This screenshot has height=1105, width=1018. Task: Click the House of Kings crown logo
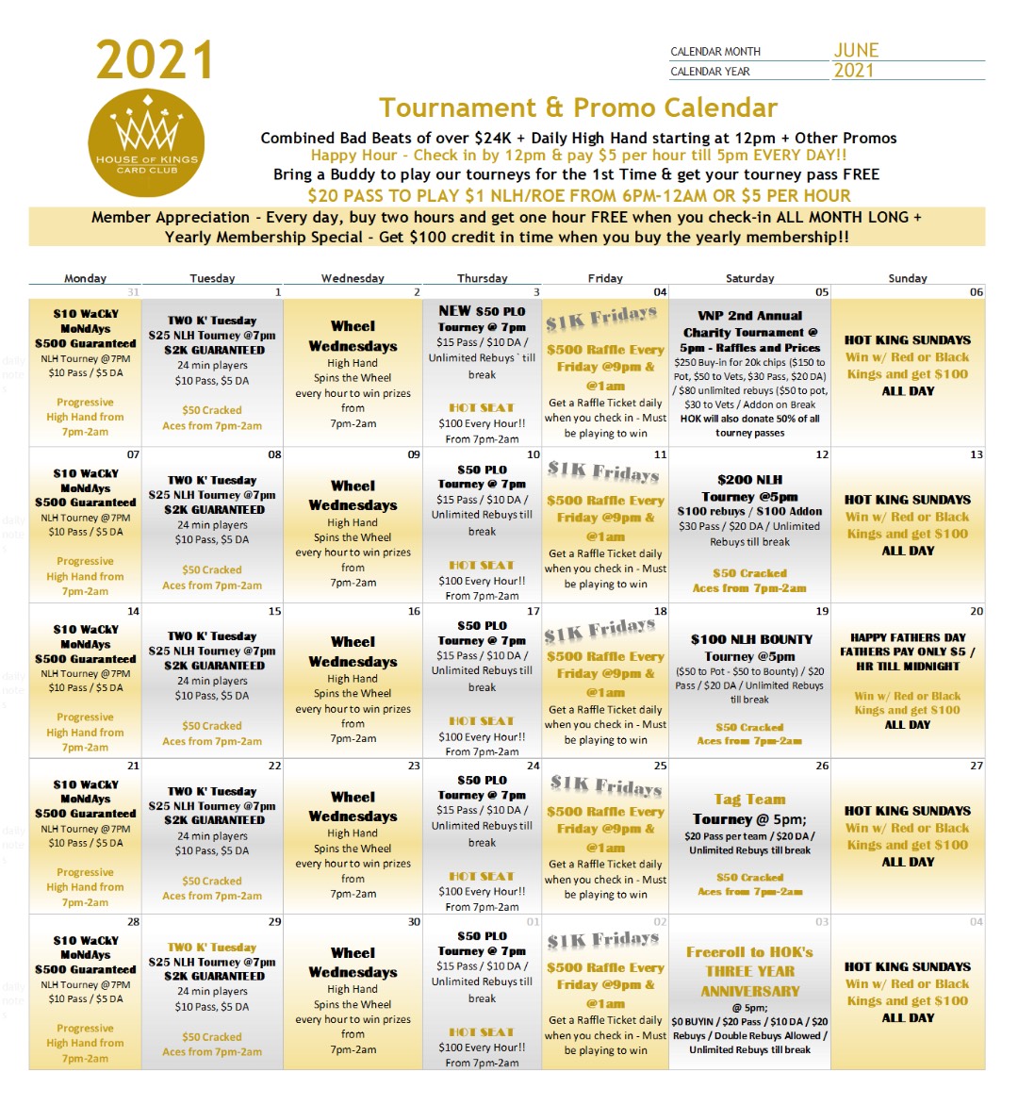point(147,144)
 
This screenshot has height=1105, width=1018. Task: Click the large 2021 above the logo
point(155,61)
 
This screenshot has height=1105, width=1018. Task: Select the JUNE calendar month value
point(856,50)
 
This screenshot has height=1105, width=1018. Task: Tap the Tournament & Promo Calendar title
point(578,107)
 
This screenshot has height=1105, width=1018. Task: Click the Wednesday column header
point(353,278)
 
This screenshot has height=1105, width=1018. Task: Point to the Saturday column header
point(749,278)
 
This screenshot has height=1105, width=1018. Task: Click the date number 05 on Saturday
point(822,292)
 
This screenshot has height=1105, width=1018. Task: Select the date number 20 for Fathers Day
point(976,611)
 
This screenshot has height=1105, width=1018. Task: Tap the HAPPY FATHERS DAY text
point(908,637)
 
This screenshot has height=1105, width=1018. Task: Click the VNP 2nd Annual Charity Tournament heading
point(749,324)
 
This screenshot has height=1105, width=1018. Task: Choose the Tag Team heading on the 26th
point(749,800)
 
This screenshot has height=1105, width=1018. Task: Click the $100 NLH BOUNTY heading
point(750,639)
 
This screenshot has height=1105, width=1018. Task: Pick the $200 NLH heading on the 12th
point(749,479)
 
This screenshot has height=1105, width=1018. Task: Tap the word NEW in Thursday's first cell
point(454,311)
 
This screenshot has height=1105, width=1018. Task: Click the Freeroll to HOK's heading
point(749,952)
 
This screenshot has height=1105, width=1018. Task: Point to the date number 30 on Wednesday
point(414,921)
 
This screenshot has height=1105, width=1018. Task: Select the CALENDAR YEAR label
point(710,72)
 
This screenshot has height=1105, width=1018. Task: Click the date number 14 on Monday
point(133,611)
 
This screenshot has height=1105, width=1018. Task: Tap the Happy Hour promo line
point(578,156)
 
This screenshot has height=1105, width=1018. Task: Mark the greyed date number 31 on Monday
point(133,292)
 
